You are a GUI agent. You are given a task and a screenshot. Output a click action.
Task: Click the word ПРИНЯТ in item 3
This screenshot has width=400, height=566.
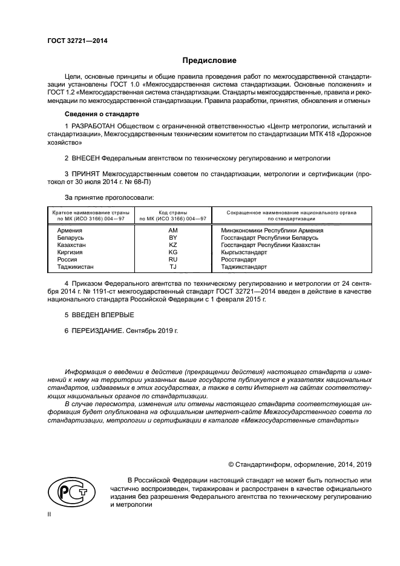click(84, 174)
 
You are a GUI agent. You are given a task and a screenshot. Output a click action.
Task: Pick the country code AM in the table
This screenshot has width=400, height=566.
click(172, 231)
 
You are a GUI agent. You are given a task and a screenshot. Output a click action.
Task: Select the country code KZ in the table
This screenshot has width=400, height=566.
click(172, 245)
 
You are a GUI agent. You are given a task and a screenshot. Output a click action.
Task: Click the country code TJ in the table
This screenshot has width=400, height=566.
click(172, 266)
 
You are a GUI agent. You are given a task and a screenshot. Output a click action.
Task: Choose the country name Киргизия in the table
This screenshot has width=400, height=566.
click(70, 252)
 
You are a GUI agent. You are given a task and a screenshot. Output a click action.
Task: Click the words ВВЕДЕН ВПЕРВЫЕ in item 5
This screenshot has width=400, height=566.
click(102, 315)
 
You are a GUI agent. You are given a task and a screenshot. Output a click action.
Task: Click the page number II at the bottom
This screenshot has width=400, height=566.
click(50, 513)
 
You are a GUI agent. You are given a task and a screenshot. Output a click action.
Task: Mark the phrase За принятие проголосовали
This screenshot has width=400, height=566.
click(110, 198)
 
